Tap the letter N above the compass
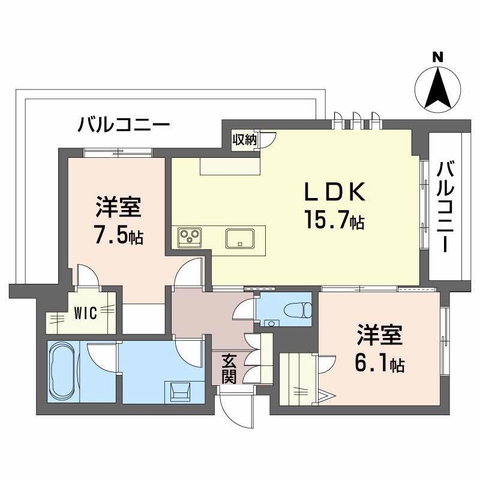[438, 58]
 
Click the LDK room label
[335, 193]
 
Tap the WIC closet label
[85, 312]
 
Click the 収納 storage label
[245, 140]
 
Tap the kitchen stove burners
[191, 238]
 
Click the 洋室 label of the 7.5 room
[118, 208]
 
